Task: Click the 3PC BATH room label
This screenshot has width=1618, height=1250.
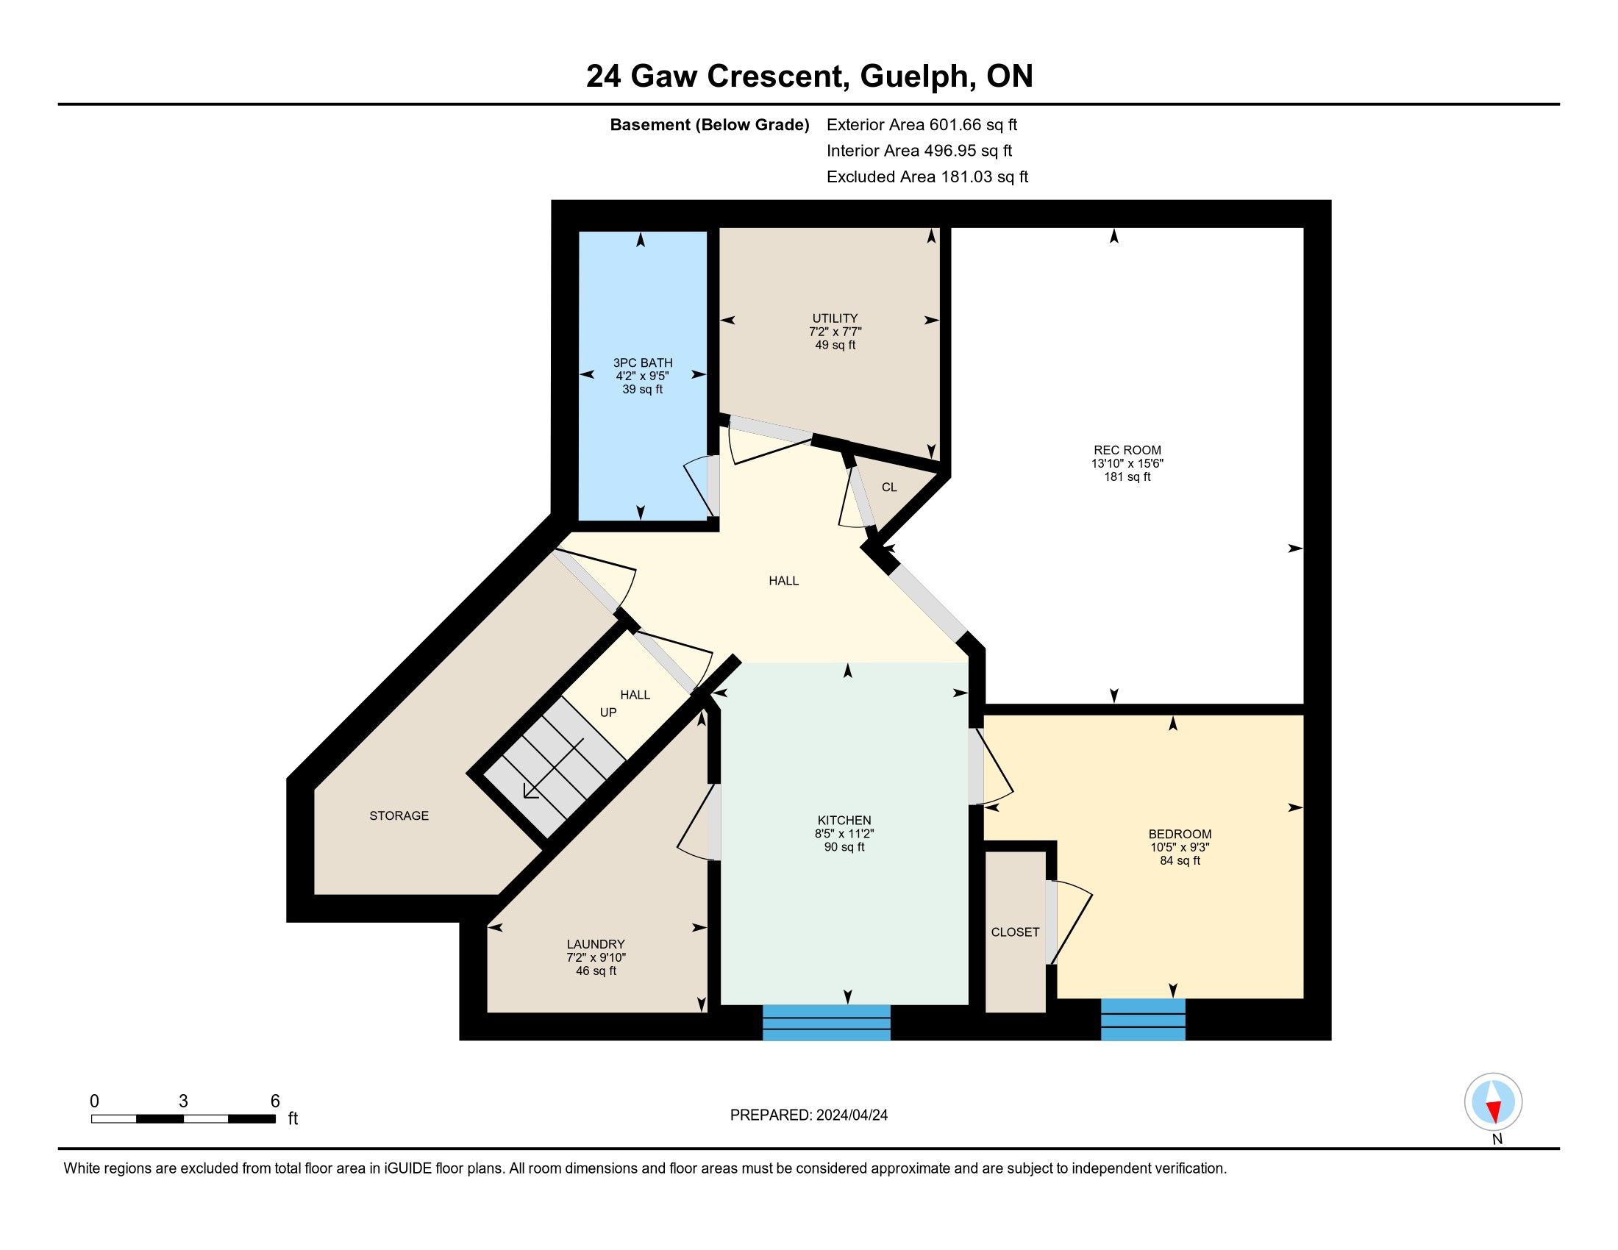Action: (642, 362)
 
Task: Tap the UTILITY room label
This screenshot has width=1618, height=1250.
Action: (835, 318)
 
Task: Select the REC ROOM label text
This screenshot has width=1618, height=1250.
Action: (1127, 450)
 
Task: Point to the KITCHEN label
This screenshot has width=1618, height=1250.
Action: (844, 821)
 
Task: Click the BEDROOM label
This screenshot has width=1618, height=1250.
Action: (1180, 834)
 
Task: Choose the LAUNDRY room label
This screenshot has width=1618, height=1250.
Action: (596, 944)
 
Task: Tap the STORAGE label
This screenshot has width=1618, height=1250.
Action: (399, 815)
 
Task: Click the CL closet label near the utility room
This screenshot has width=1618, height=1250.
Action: (889, 488)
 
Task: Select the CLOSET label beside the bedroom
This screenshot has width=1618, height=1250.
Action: (1015, 932)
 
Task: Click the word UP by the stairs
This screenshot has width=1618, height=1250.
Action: (608, 712)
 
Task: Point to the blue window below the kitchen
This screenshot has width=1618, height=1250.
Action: (826, 1023)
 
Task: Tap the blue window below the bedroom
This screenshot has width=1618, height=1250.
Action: (1143, 1020)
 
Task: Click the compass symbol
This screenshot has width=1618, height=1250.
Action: (1493, 1102)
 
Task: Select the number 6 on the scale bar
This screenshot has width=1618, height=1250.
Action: (275, 1101)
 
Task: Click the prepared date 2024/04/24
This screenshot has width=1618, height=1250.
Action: (852, 1115)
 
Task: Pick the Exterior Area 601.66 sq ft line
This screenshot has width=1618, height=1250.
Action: (922, 124)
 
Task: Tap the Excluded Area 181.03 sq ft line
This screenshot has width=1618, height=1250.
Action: (927, 176)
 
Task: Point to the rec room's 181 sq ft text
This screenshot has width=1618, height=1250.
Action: (1127, 477)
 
